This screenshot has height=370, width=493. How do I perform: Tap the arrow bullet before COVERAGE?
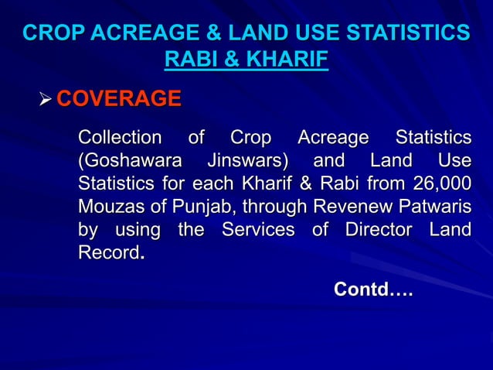(x=45, y=100)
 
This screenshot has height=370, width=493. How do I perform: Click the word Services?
(x=257, y=231)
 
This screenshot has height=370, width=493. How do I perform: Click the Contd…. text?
(x=372, y=291)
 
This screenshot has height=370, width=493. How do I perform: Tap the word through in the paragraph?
(x=270, y=208)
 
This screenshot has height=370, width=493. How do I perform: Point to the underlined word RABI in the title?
(x=191, y=60)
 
